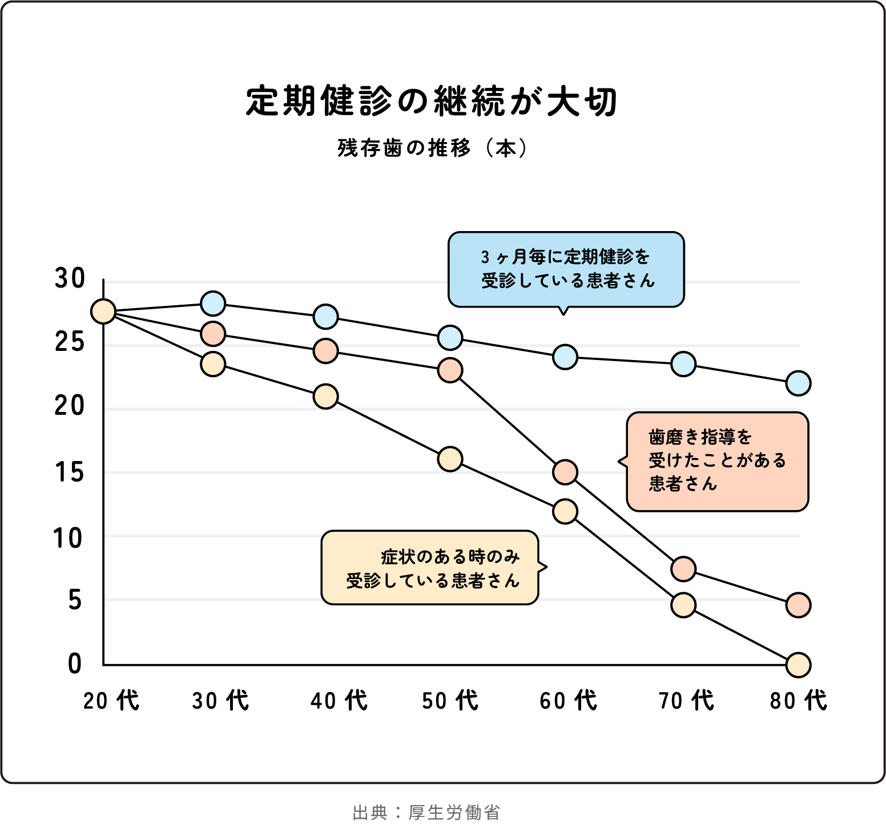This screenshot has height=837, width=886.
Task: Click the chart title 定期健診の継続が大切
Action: (x=432, y=102)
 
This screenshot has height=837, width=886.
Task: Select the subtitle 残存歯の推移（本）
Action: (x=432, y=148)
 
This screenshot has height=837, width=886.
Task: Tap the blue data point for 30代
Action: (x=213, y=304)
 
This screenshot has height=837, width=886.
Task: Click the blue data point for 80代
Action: (x=798, y=383)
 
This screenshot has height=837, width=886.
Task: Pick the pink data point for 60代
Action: (x=565, y=472)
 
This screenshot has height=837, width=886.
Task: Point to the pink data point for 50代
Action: (x=450, y=370)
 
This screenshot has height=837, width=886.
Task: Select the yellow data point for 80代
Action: (x=798, y=665)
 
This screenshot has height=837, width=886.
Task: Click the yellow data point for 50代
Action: (x=450, y=459)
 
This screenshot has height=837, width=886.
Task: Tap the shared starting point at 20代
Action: (x=103, y=312)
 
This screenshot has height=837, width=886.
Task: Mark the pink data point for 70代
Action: (x=683, y=569)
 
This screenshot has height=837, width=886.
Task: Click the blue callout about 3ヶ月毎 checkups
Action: (x=566, y=269)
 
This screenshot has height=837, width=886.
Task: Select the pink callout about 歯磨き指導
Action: (x=717, y=461)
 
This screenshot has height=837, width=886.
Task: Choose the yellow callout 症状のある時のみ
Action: (x=430, y=568)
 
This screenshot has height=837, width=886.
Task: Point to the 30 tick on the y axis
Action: (x=70, y=279)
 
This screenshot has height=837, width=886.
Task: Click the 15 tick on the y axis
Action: (x=70, y=472)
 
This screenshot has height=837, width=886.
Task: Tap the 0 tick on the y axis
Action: (x=75, y=664)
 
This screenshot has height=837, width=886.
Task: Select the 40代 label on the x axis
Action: (x=339, y=701)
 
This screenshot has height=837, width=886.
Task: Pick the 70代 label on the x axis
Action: (x=686, y=701)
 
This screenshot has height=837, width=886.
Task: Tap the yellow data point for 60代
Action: (x=565, y=511)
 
